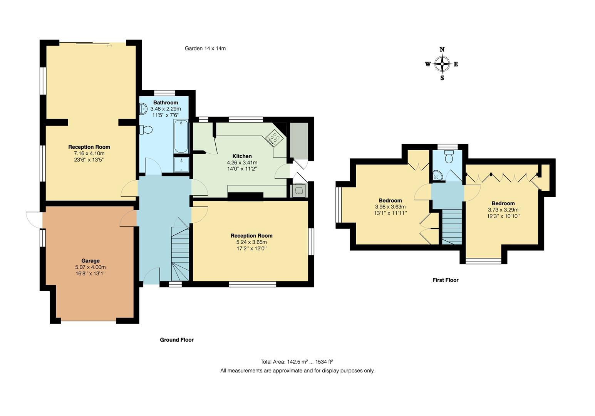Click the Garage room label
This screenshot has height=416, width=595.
[90, 261]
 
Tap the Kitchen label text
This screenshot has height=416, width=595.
[242, 156]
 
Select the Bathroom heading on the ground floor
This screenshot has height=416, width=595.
[166, 102]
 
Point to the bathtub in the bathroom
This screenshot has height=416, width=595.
[181, 137]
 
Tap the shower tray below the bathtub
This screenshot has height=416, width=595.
[181, 165]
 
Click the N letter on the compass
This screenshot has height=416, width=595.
[442, 49]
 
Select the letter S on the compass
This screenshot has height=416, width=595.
[442, 78]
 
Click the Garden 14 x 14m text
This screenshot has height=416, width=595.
[205, 49]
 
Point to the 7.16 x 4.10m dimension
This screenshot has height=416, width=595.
[89, 153]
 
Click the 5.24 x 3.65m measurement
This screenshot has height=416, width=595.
[251, 242]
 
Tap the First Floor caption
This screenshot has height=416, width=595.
[445, 280]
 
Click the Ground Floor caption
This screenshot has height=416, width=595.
[177, 340]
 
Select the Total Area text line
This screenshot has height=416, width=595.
[297, 362]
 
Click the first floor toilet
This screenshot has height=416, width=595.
[449, 157]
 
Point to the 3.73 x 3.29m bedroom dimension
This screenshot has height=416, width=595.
[503, 210]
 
